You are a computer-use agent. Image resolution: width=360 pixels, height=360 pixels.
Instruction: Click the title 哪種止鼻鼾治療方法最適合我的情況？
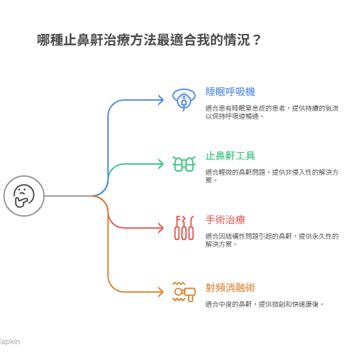point(149,40)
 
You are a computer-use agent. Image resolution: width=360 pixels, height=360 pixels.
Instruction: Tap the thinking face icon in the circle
point(24,196)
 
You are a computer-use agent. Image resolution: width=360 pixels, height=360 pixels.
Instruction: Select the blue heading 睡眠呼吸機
point(230,92)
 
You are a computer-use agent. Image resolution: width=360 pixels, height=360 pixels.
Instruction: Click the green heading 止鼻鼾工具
point(230,155)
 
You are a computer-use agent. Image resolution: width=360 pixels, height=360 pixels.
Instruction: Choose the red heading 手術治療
point(225,220)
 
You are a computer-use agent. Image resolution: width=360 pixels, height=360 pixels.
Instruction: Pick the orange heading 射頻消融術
point(230,287)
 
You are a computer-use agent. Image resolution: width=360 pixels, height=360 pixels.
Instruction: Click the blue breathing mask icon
point(184,99)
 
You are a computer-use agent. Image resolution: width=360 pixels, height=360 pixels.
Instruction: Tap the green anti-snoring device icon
point(184,164)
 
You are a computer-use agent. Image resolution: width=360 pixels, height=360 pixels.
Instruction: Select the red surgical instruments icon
point(184,228)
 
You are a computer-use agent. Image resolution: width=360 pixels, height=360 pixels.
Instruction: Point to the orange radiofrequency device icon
point(184,291)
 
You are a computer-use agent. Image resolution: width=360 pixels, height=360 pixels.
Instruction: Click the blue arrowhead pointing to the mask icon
point(161,100)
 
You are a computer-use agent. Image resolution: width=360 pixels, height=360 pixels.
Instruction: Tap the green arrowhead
point(161,164)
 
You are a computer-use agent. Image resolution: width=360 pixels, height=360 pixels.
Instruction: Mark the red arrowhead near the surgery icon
point(161,228)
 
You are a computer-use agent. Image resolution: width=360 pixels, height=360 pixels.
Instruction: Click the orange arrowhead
point(161,292)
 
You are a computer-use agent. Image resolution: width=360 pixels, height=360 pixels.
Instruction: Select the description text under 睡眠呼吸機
point(272,112)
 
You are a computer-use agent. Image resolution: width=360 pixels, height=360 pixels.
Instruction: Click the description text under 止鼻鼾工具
point(272,176)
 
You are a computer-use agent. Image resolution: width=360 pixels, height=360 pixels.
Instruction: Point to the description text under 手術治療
point(272,240)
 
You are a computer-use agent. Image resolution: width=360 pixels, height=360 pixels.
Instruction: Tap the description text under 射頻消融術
point(265,305)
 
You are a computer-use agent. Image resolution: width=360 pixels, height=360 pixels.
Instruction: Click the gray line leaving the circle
point(69,196)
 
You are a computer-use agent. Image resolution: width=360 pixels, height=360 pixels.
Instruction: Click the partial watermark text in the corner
point(10,342)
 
